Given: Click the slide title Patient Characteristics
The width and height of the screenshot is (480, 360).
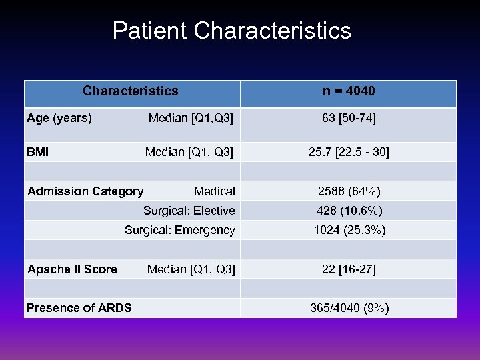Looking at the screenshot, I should [x=231, y=31].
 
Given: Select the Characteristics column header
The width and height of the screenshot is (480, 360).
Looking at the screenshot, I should [x=131, y=91].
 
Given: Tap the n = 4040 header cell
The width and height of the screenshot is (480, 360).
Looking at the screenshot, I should [x=348, y=91].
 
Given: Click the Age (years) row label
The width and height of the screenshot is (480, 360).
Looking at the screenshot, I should [x=59, y=119].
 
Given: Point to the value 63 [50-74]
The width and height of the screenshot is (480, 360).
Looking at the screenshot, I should [x=349, y=119].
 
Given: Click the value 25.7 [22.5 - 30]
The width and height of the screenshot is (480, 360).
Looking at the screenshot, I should [x=349, y=152].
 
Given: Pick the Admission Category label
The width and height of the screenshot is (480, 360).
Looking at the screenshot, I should [x=85, y=191].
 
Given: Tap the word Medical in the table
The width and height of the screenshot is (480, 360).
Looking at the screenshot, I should [x=214, y=191].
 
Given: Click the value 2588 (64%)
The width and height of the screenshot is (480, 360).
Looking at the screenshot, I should [x=349, y=191].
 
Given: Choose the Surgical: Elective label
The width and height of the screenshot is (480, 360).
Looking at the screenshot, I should [x=189, y=211].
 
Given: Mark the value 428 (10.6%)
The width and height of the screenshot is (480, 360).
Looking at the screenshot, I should [x=349, y=211].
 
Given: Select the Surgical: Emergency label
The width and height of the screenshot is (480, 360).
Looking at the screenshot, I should [x=180, y=230].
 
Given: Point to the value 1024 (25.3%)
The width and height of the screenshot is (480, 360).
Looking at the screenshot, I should [x=349, y=230].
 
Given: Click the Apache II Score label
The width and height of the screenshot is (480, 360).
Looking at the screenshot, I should [x=72, y=269].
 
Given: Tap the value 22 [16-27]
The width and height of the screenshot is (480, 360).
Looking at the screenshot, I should [x=349, y=269].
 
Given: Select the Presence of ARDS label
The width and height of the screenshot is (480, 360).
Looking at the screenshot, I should [x=79, y=307].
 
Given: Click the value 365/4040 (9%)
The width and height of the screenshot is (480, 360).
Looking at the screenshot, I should [x=349, y=307].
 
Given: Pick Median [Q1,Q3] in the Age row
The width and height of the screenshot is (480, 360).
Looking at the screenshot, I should [x=191, y=119].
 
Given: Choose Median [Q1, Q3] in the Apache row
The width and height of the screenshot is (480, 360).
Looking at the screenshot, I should [x=191, y=269].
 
